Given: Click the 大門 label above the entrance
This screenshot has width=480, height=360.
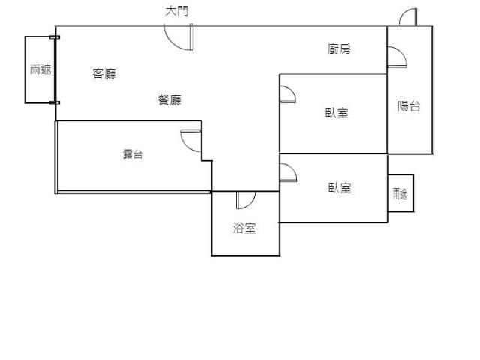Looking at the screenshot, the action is coord(177,11).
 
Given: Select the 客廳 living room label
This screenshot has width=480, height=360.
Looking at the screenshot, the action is coord(104,73).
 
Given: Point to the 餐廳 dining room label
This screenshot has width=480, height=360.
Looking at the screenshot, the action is coord(169,100).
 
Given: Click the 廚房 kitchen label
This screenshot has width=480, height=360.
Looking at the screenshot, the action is coord(339,49).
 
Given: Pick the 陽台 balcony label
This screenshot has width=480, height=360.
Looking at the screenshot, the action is coord(409,106).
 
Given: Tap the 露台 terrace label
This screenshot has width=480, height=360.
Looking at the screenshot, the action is coord(133,154).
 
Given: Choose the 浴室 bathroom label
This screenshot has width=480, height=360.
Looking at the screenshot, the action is coord(244,228).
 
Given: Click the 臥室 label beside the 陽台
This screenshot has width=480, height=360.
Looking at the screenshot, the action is coord(337,113).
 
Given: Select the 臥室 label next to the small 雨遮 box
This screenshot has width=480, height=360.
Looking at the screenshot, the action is coord(340,188).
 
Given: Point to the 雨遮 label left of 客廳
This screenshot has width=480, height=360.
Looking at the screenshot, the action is coord(40,70).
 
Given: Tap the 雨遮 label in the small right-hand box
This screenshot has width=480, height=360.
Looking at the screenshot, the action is coord(400,194).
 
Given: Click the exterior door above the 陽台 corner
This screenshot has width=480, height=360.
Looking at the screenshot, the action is coord(408,16).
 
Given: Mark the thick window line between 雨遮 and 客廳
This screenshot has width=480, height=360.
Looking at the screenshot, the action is coord(55,70).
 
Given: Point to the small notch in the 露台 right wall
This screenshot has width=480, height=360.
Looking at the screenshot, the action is coord(207,160).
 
